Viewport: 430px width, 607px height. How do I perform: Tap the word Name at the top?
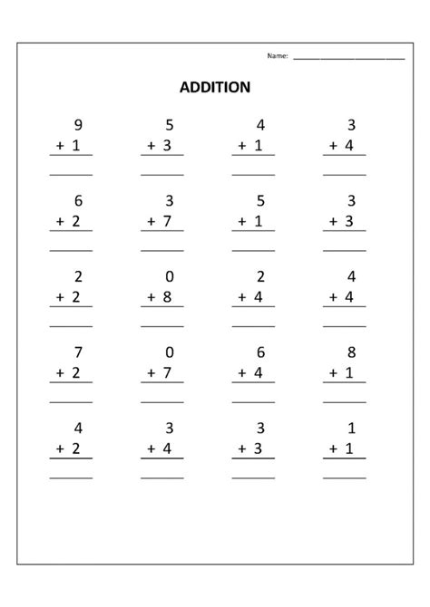click(x=277, y=56)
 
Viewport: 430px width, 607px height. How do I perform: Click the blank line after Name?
click(x=348, y=57)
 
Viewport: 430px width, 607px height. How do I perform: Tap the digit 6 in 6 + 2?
click(x=77, y=201)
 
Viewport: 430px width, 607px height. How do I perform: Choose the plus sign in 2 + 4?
click(x=242, y=295)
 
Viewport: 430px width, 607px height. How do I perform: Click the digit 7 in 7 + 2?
click(x=77, y=352)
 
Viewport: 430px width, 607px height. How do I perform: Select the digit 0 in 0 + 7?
click(x=168, y=352)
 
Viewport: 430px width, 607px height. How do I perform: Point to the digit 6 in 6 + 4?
click(x=259, y=352)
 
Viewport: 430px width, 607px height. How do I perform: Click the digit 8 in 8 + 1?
click(x=351, y=352)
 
